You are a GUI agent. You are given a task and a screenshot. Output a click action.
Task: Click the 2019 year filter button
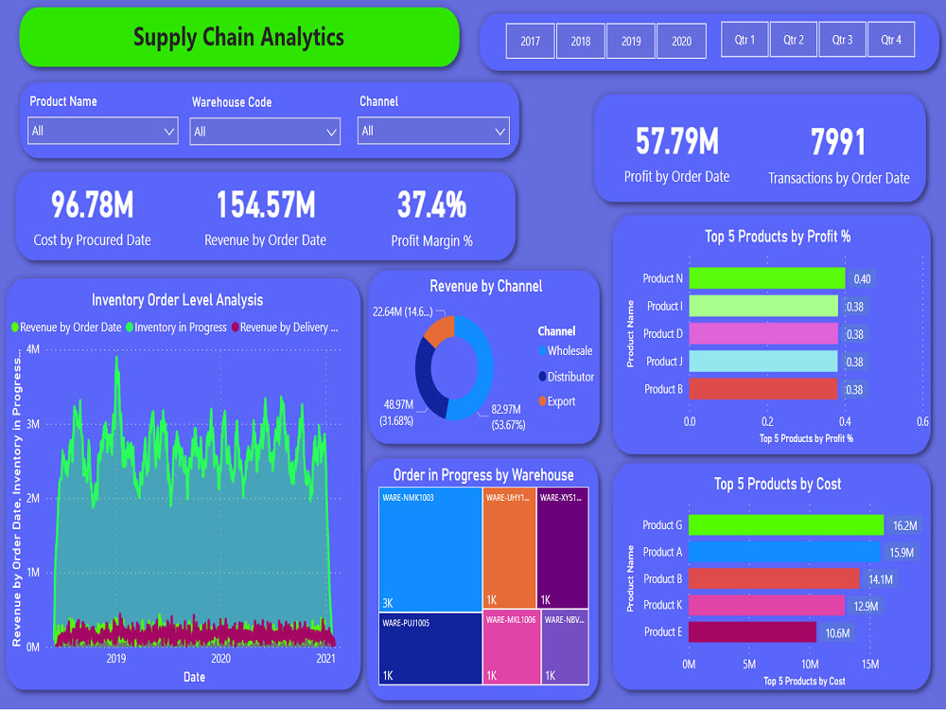[x=631, y=41]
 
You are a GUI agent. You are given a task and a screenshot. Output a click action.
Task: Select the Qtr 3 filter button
[x=842, y=40]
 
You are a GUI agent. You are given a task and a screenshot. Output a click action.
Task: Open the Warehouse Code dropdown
[x=265, y=132]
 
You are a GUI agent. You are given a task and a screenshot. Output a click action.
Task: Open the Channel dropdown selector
[x=433, y=132]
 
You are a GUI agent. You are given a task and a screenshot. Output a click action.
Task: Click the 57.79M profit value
[x=676, y=142]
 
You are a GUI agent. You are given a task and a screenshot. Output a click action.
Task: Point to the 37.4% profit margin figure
[x=431, y=204]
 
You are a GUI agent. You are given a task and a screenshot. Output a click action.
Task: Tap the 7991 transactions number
[x=838, y=142]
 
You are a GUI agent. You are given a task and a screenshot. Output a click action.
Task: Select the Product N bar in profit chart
[x=766, y=278]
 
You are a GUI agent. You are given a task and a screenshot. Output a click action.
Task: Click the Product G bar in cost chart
[x=785, y=525]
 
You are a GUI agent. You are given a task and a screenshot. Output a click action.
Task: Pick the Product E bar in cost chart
[x=752, y=632]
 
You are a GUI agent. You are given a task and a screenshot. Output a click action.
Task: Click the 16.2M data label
[x=905, y=525]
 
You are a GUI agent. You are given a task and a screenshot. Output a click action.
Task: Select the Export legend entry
[x=560, y=401]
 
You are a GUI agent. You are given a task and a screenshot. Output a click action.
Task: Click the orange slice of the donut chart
[x=439, y=330]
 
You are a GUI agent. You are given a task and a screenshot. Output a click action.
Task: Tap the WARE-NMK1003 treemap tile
[x=430, y=549]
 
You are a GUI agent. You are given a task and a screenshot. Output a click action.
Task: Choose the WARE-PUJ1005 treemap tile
[x=430, y=648]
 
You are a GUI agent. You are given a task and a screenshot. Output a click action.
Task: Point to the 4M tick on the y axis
[x=33, y=349]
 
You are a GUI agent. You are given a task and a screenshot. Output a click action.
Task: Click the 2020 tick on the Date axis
[x=220, y=659]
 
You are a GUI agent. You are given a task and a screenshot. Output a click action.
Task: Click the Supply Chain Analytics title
[x=238, y=38]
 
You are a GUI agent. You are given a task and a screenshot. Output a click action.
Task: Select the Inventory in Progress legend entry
[x=180, y=328]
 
